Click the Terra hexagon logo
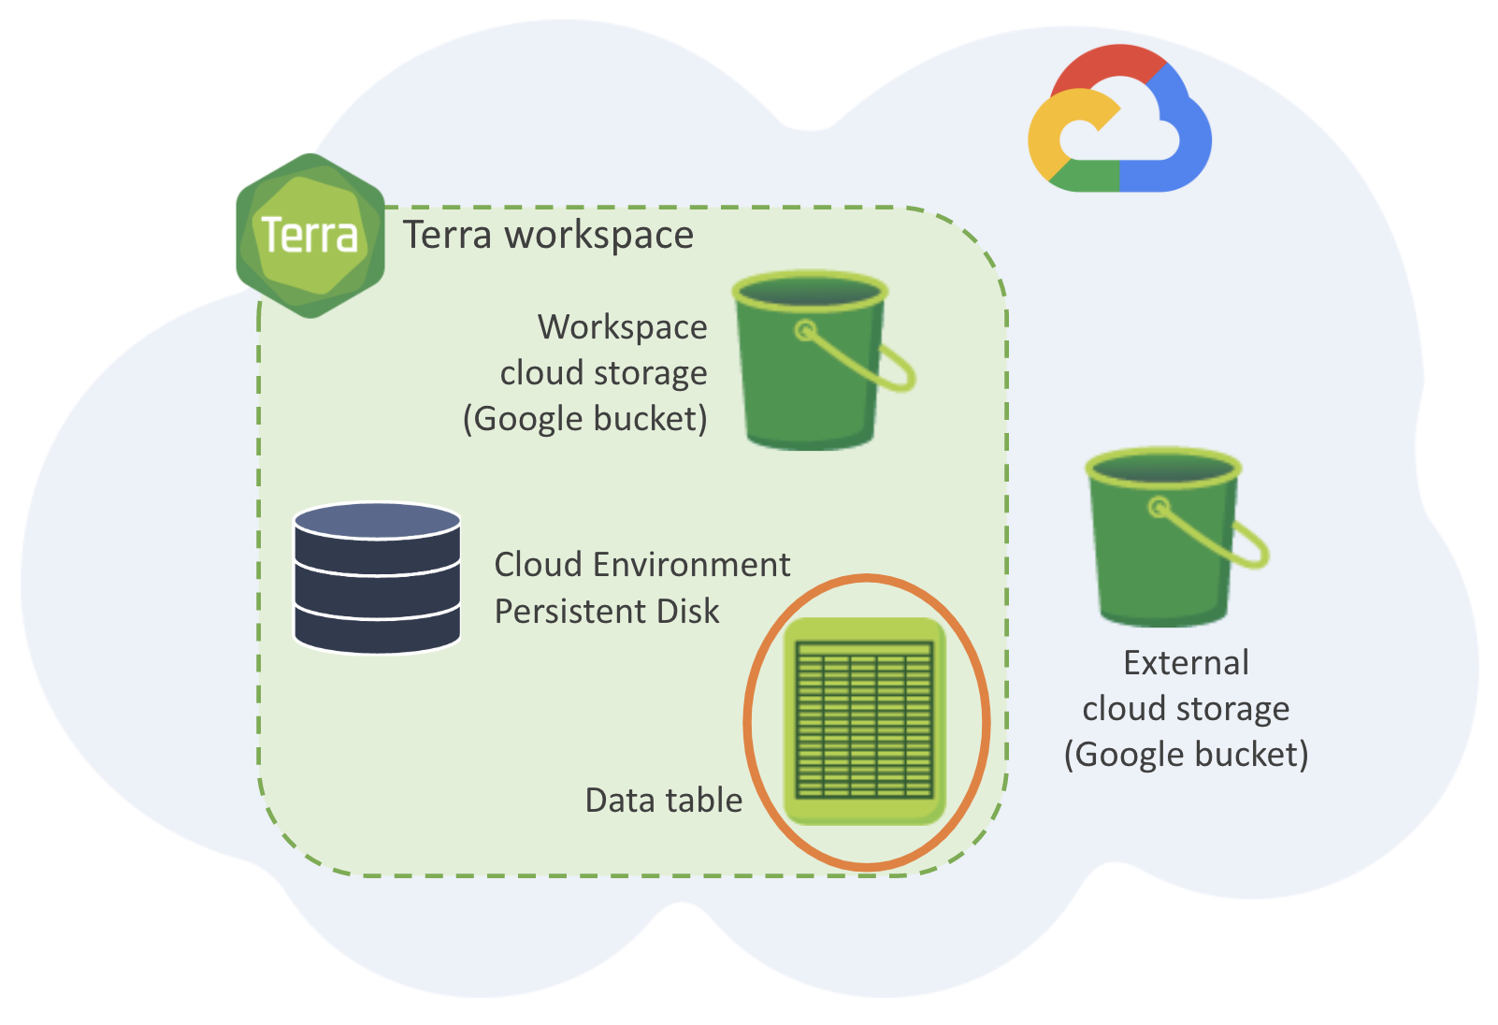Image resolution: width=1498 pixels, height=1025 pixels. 310,236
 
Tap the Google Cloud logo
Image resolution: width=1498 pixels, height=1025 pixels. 1119,119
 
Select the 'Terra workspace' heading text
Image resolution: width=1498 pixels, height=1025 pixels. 548,235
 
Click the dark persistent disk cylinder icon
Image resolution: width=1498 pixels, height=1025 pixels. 377,577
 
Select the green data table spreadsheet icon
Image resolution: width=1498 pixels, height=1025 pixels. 865,720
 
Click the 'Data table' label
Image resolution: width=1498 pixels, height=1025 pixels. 663,801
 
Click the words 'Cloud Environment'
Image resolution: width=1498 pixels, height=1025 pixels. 642,565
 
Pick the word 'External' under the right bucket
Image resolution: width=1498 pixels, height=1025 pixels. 1186,663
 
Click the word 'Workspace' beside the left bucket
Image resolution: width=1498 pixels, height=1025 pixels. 622,327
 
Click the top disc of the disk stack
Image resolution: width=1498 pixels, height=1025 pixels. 377,521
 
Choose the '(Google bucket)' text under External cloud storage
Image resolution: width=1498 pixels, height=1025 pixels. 1186,755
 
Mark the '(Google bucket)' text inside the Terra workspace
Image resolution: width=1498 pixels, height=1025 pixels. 585,419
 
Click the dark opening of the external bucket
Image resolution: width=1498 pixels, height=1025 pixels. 1163,469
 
